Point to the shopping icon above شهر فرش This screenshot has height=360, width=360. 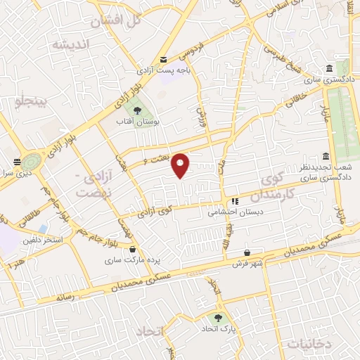247,253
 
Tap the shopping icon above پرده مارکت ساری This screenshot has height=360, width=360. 133,248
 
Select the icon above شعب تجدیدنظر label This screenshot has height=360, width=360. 325,156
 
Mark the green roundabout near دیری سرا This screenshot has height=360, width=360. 32,159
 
